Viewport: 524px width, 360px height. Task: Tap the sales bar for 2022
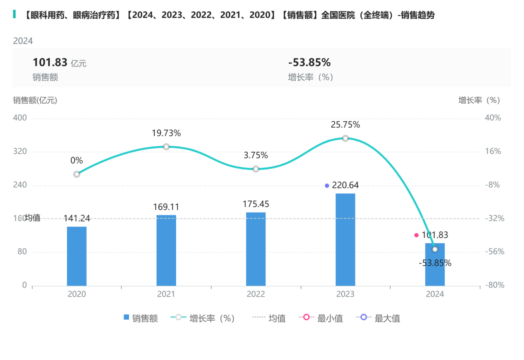[256, 249]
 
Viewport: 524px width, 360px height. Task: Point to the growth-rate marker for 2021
[166, 147]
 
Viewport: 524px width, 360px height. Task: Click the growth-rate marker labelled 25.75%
[345, 138]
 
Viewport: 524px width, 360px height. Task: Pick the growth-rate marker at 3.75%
[256, 169]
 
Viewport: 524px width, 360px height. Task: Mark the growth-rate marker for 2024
[435, 249]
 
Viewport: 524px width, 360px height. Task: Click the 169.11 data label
[166, 207]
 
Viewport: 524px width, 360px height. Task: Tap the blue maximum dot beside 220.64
[327, 186]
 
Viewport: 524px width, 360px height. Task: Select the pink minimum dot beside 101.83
[416, 235]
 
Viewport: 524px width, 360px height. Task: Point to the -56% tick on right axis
[493, 252]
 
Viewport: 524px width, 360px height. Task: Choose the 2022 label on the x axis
[256, 295]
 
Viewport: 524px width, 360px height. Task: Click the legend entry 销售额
[141, 319]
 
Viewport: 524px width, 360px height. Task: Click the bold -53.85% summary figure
[309, 63]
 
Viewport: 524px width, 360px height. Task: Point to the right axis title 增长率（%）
[479, 100]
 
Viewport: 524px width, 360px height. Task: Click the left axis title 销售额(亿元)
[35, 100]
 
